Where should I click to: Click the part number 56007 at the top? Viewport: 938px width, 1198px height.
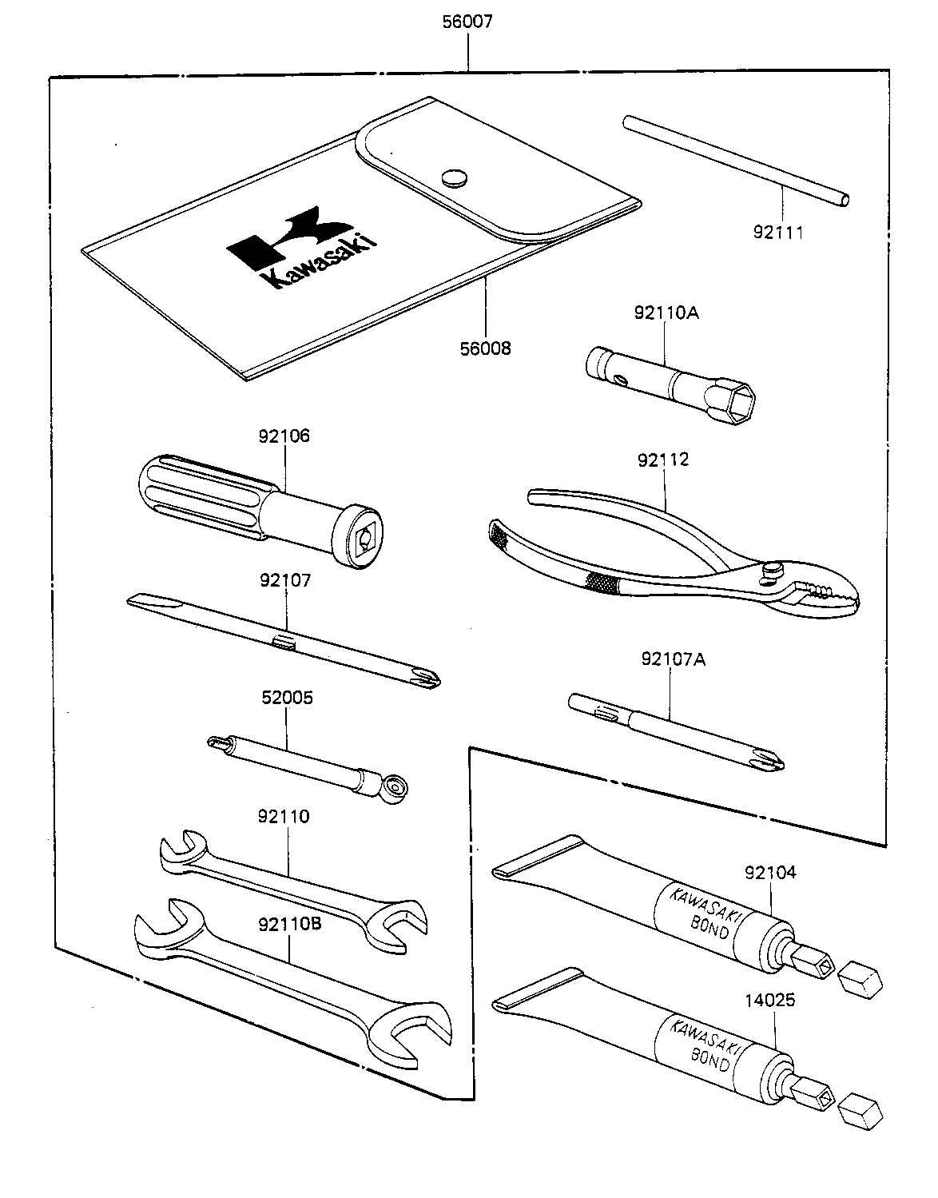[467, 22]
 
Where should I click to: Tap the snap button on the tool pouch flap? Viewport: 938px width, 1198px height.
[455, 178]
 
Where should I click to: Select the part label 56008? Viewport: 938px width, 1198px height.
[486, 348]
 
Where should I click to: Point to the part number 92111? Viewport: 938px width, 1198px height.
[778, 233]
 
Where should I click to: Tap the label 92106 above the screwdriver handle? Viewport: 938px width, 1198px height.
[284, 436]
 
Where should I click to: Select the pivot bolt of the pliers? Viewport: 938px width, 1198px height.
[772, 570]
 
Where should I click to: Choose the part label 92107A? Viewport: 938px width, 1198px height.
[673, 659]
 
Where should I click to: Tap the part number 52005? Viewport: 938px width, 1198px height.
[287, 698]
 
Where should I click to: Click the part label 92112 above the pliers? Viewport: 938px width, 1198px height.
[663, 460]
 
